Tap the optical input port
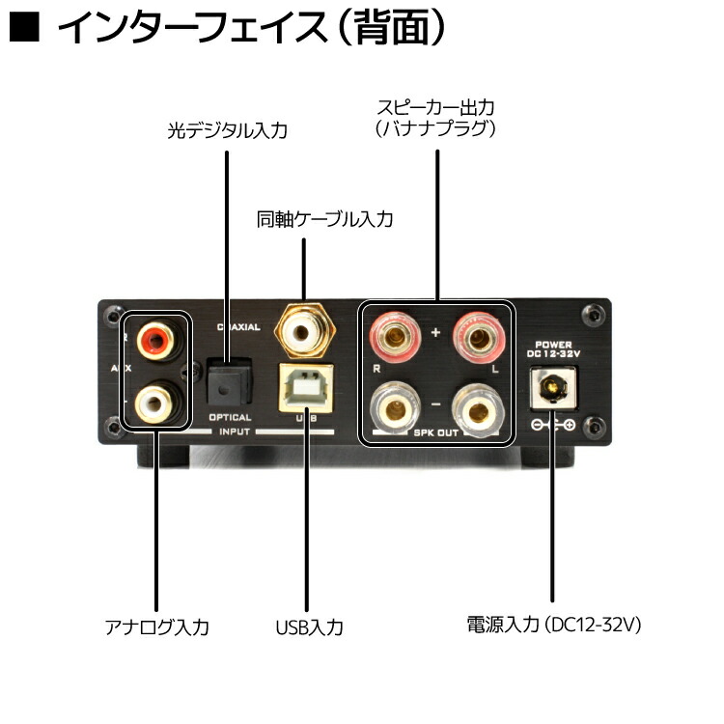[x=228, y=384]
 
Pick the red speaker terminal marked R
[x=394, y=337]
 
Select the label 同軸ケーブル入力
[x=324, y=219]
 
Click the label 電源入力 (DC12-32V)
[x=553, y=625]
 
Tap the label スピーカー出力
[x=436, y=105]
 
